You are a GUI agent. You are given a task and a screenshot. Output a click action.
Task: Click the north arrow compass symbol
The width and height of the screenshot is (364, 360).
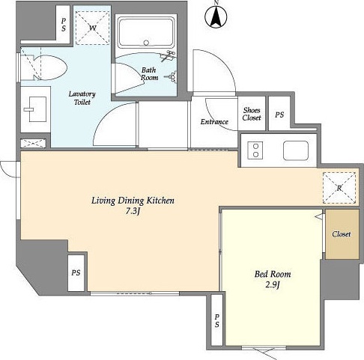tap(216, 16)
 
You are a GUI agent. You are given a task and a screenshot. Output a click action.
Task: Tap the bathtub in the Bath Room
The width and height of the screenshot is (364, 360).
tap(146, 32)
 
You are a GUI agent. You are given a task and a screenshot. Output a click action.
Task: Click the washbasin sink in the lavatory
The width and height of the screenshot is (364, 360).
tap(37, 109)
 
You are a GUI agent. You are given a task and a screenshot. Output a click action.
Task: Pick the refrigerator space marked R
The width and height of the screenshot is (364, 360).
tap(339, 188)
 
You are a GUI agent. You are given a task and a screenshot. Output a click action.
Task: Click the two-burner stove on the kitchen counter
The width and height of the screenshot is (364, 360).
tap(255, 150)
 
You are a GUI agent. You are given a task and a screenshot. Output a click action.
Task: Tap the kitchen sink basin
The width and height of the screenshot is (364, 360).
tap(296, 150)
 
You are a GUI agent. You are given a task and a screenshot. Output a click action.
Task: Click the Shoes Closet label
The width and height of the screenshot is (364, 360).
tap(252, 114)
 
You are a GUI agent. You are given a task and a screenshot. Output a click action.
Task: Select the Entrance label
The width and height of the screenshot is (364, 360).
tap(214, 122)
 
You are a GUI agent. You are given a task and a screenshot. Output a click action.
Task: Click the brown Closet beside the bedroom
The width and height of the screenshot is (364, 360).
tap(342, 234)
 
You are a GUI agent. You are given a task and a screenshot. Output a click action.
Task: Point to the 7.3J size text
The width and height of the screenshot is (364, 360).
tap(132, 212)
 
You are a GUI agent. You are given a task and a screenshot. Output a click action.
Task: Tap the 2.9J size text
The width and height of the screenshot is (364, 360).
tap(273, 285)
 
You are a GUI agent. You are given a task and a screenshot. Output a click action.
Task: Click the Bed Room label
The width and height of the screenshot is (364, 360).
tap(273, 274)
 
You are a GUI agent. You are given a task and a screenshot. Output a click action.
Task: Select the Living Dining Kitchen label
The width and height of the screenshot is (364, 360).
tap(133, 201)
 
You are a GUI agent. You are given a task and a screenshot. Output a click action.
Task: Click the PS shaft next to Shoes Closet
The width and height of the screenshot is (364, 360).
tap(279, 115)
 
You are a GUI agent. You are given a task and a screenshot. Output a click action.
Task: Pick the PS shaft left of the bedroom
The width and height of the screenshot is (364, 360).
tap(216, 320)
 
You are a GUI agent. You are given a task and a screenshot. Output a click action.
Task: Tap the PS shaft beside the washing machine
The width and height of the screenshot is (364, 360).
tap(64, 25)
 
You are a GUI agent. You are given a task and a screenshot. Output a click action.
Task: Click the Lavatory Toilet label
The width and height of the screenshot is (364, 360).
tap(82, 98)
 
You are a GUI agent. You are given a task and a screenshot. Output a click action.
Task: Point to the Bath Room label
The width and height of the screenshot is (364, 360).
tap(149, 74)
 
